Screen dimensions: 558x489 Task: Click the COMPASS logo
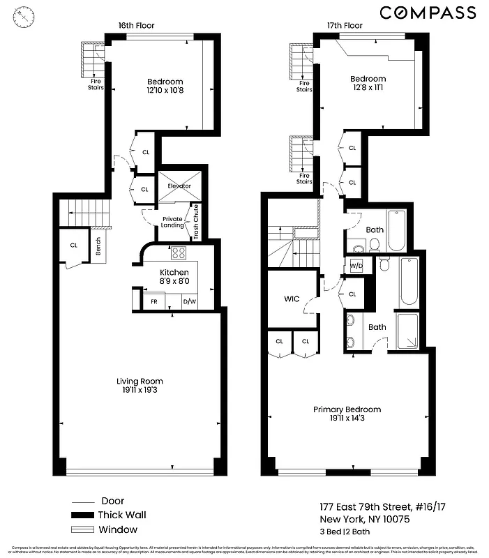pyautogui.click(x=428, y=13)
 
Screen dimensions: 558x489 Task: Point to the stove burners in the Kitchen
pyautogui.click(x=179, y=253)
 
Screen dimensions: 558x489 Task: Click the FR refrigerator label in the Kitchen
pyautogui.click(x=153, y=302)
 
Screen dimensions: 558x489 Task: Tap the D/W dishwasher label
pyautogui.click(x=188, y=302)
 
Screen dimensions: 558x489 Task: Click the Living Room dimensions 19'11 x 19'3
pyautogui.click(x=140, y=391)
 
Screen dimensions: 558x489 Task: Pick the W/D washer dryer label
pyautogui.click(x=356, y=266)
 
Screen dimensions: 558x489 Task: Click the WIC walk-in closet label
pyautogui.click(x=292, y=299)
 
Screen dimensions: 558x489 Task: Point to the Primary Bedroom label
pyautogui.click(x=347, y=409)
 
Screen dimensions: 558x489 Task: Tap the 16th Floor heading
pyautogui.click(x=136, y=26)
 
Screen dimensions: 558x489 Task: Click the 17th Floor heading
pyautogui.click(x=345, y=26)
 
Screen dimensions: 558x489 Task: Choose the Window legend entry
pyautogui.click(x=119, y=529)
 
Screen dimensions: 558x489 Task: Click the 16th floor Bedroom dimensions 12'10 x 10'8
pyautogui.click(x=165, y=91)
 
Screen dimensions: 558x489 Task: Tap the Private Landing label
pyautogui.click(x=172, y=221)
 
